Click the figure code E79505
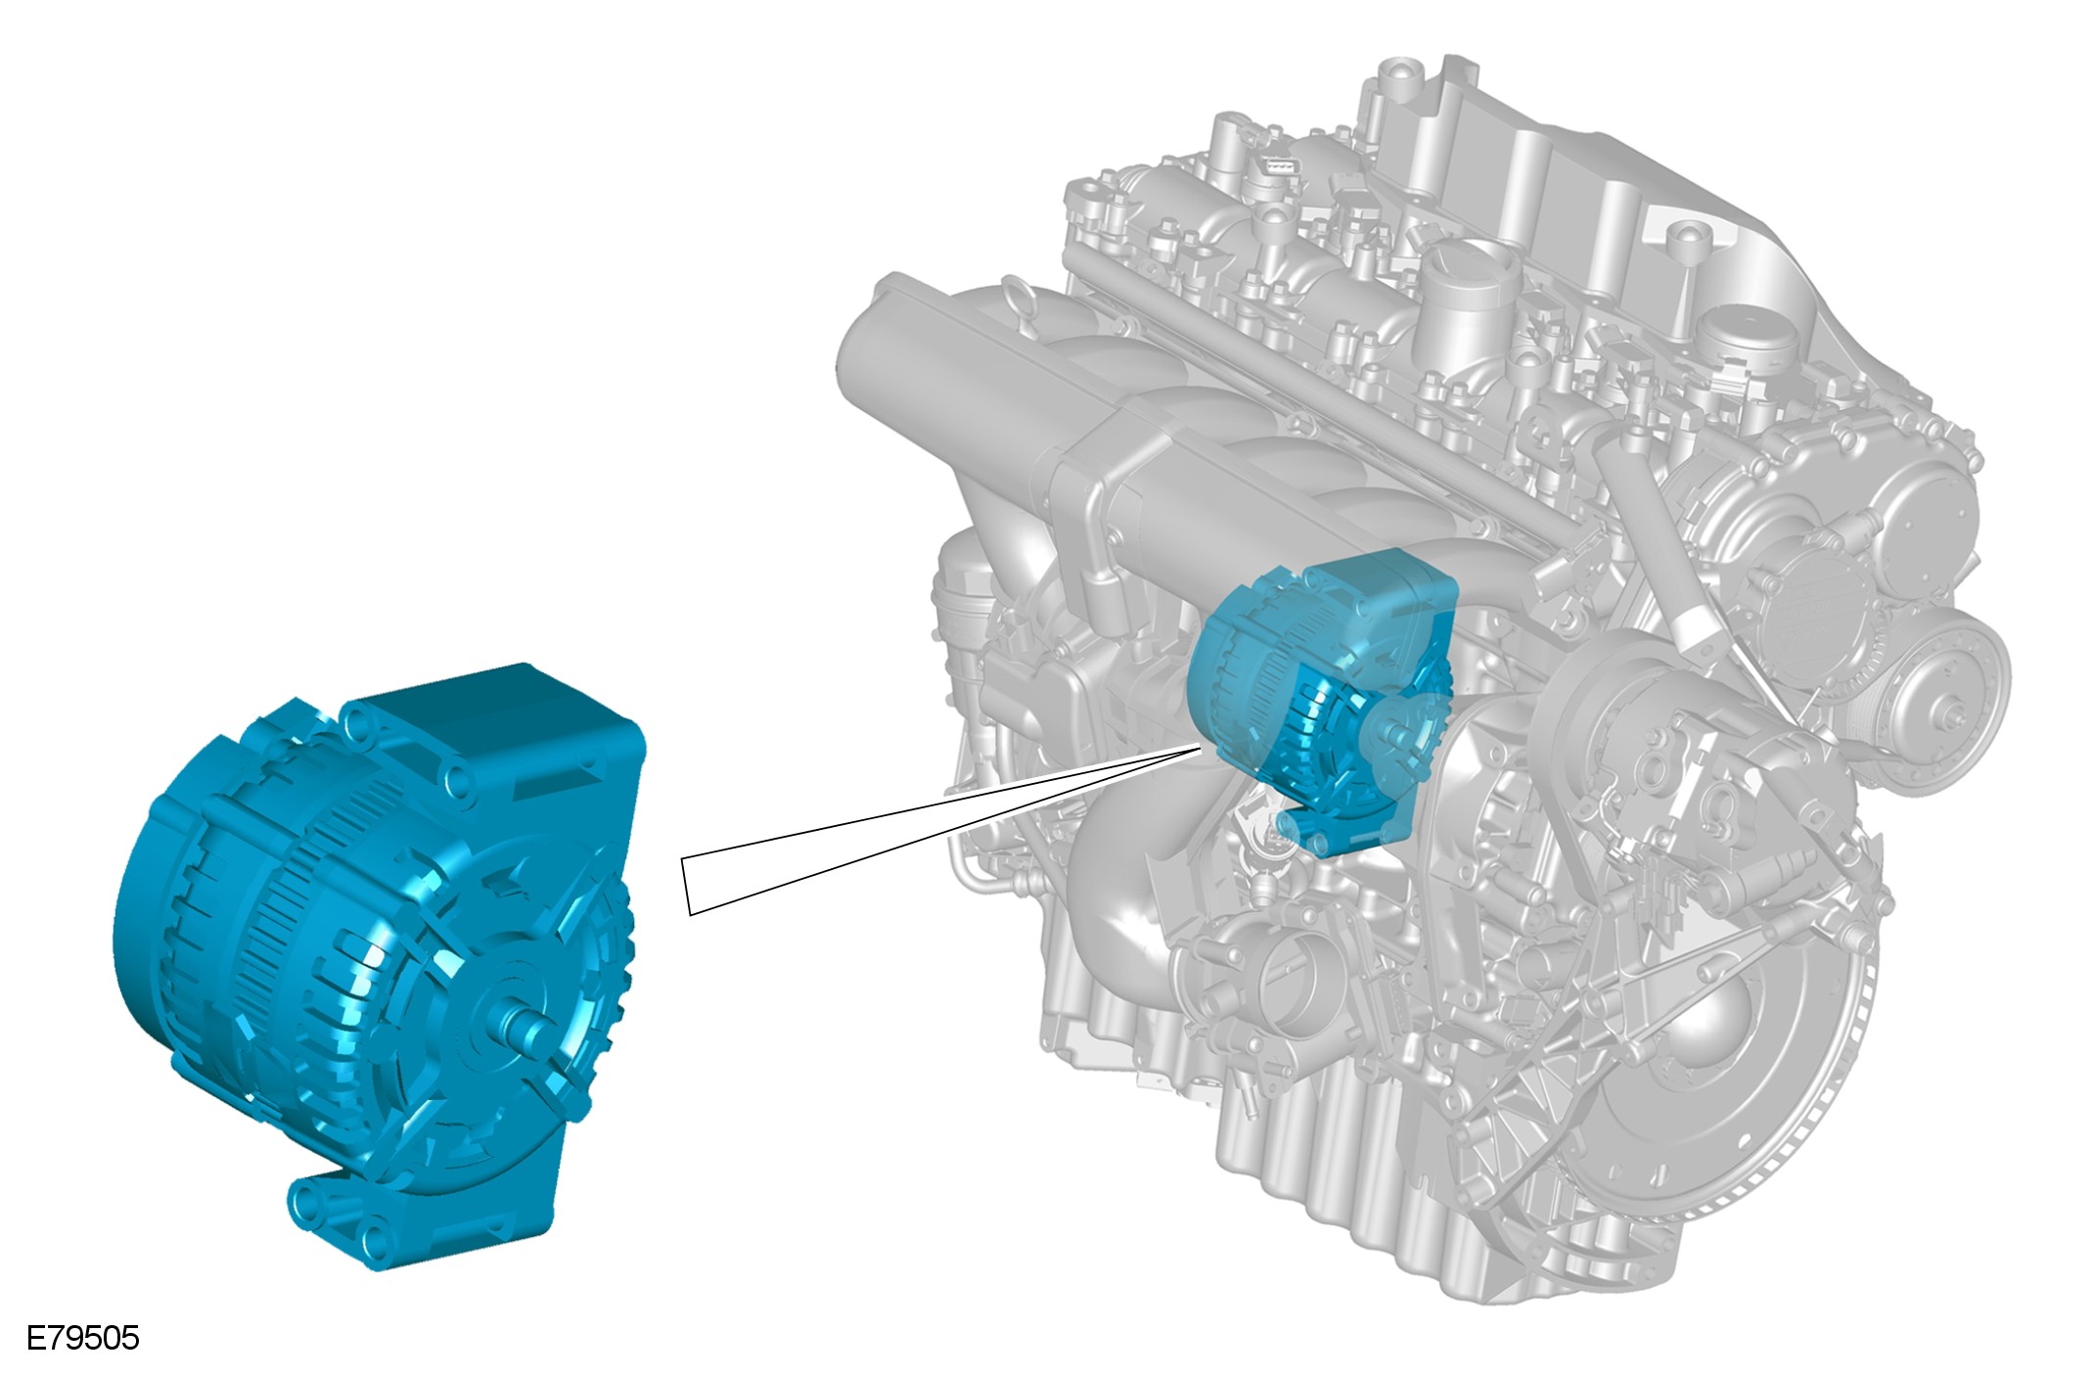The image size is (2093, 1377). (x=83, y=1338)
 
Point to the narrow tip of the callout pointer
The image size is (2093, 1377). (x=1201, y=747)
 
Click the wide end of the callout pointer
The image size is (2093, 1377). (x=686, y=888)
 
